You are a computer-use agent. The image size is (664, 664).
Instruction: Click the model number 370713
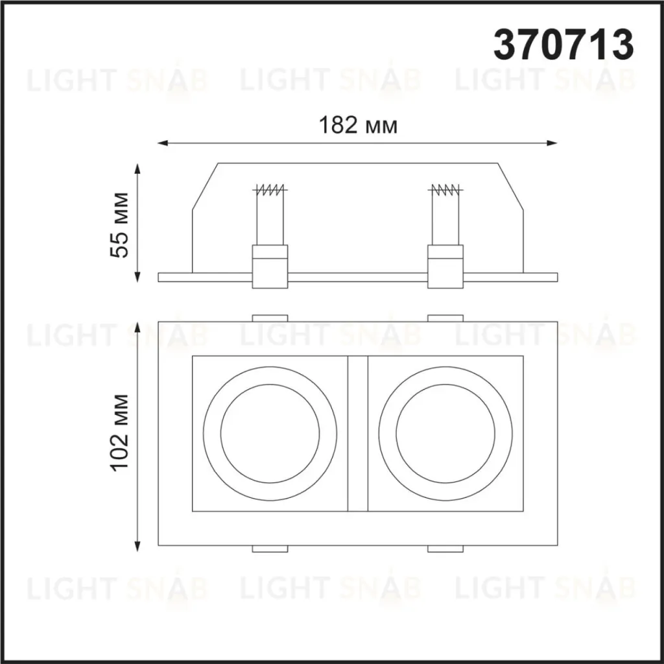point(563,45)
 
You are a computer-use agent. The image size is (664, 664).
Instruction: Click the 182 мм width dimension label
point(358,125)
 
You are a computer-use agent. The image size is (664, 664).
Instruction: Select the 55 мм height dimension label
point(119,225)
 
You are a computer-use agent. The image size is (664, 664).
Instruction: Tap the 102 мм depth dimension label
point(119,432)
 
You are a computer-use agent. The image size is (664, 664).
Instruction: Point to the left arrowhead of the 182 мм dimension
point(163,143)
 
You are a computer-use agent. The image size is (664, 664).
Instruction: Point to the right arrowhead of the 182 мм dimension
point(552,143)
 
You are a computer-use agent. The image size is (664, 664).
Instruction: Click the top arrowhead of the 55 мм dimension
point(137,169)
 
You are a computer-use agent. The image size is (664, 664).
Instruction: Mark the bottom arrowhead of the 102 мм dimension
point(137,546)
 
